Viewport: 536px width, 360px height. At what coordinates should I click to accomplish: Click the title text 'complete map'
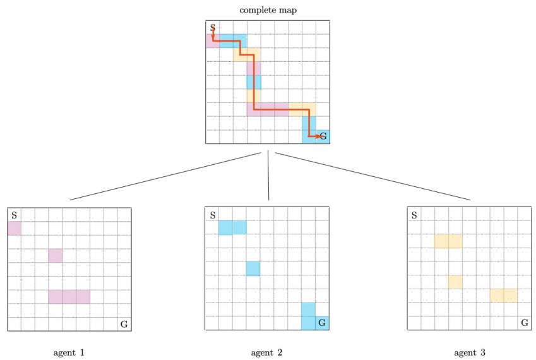(268, 10)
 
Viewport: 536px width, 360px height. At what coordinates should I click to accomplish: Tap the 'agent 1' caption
(69, 352)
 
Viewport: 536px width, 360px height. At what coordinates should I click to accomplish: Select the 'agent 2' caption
(266, 352)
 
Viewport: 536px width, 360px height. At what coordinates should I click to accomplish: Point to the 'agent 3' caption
(469, 352)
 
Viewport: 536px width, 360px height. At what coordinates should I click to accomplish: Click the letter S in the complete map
(213, 28)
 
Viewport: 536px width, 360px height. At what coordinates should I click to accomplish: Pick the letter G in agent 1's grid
(124, 324)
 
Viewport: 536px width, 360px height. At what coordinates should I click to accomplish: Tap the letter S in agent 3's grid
(414, 215)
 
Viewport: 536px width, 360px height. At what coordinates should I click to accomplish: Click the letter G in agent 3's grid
(525, 322)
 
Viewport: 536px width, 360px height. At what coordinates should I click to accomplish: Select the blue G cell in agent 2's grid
(322, 323)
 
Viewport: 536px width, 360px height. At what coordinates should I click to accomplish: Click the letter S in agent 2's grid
(213, 215)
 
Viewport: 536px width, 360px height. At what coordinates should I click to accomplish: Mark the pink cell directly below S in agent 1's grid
(15, 228)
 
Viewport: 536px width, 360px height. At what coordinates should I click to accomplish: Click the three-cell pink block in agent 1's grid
(69, 297)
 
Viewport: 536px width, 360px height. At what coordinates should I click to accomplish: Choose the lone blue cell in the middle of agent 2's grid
(253, 268)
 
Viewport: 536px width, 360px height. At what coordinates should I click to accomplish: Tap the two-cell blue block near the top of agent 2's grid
(232, 227)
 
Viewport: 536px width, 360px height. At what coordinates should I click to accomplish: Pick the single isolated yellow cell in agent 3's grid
(455, 282)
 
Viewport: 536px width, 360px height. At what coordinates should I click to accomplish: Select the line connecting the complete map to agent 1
(165, 176)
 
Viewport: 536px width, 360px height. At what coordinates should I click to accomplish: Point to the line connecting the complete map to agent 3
(372, 176)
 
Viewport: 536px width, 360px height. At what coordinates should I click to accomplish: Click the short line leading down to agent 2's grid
(268, 175)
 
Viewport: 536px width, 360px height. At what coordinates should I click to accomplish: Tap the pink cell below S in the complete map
(213, 41)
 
